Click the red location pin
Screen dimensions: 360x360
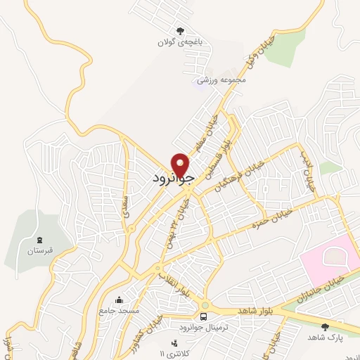coord(182,165)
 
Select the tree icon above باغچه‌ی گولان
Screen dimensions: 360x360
coord(180,30)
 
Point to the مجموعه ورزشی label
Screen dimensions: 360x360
coord(222,79)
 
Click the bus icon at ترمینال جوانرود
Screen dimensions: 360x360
coord(204,316)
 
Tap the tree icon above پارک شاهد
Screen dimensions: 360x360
coord(325,327)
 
